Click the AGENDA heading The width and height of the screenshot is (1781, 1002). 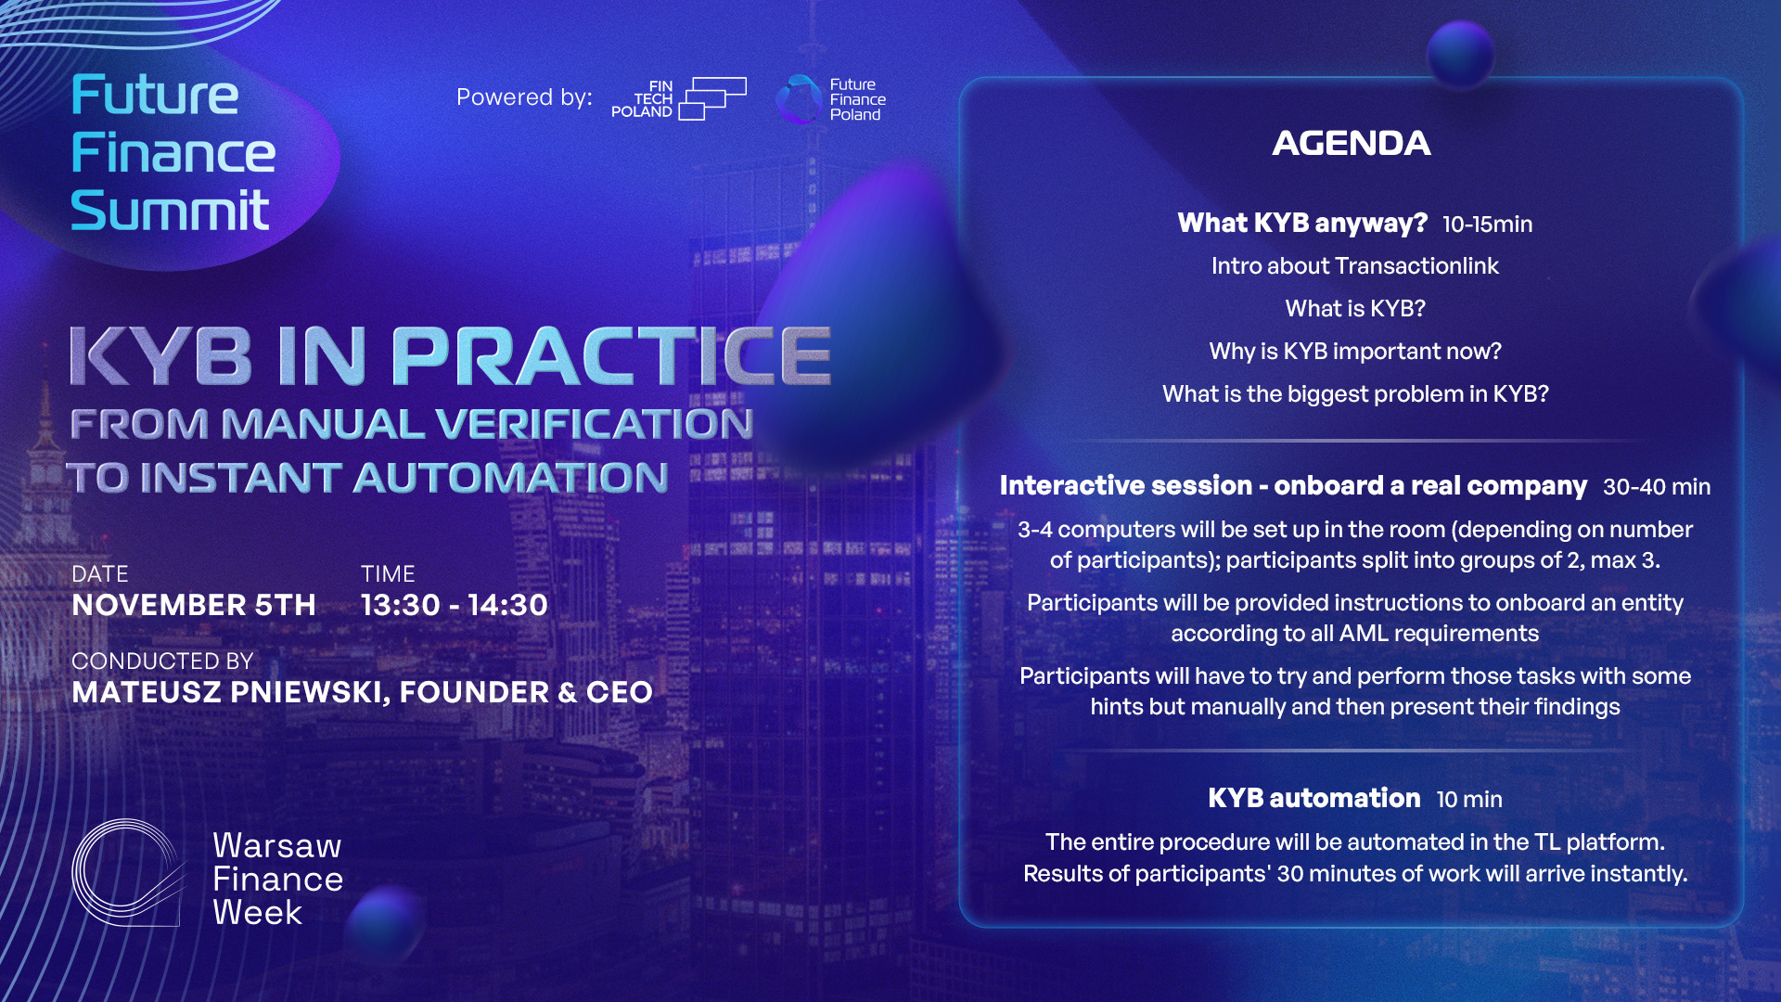[x=1352, y=143]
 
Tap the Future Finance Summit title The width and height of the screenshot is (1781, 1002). [x=173, y=153]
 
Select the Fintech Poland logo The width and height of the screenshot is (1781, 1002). [x=679, y=98]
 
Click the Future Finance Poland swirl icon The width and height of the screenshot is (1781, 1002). [x=799, y=99]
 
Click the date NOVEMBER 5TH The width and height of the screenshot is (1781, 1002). [x=194, y=605]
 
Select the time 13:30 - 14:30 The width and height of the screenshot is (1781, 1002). [x=455, y=605]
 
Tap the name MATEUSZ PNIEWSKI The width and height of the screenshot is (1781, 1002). [x=227, y=692]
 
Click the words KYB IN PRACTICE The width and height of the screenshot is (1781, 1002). [x=451, y=356]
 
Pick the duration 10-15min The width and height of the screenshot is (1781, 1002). [x=1487, y=225]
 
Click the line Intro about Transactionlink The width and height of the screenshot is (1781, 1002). [x=1354, y=266]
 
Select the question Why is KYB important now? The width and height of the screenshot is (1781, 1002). [x=1355, y=352]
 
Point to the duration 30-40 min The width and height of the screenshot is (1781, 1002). [x=1657, y=487]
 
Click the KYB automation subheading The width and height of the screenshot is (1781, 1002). [x=1314, y=798]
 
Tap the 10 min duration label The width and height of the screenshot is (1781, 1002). [x=1469, y=800]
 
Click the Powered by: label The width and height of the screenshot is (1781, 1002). [x=524, y=97]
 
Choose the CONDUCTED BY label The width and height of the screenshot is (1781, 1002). [x=162, y=661]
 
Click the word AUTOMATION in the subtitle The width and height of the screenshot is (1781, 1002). [x=511, y=478]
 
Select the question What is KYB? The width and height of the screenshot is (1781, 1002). [x=1355, y=309]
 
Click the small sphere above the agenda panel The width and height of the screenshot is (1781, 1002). [x=1460, y=54]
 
